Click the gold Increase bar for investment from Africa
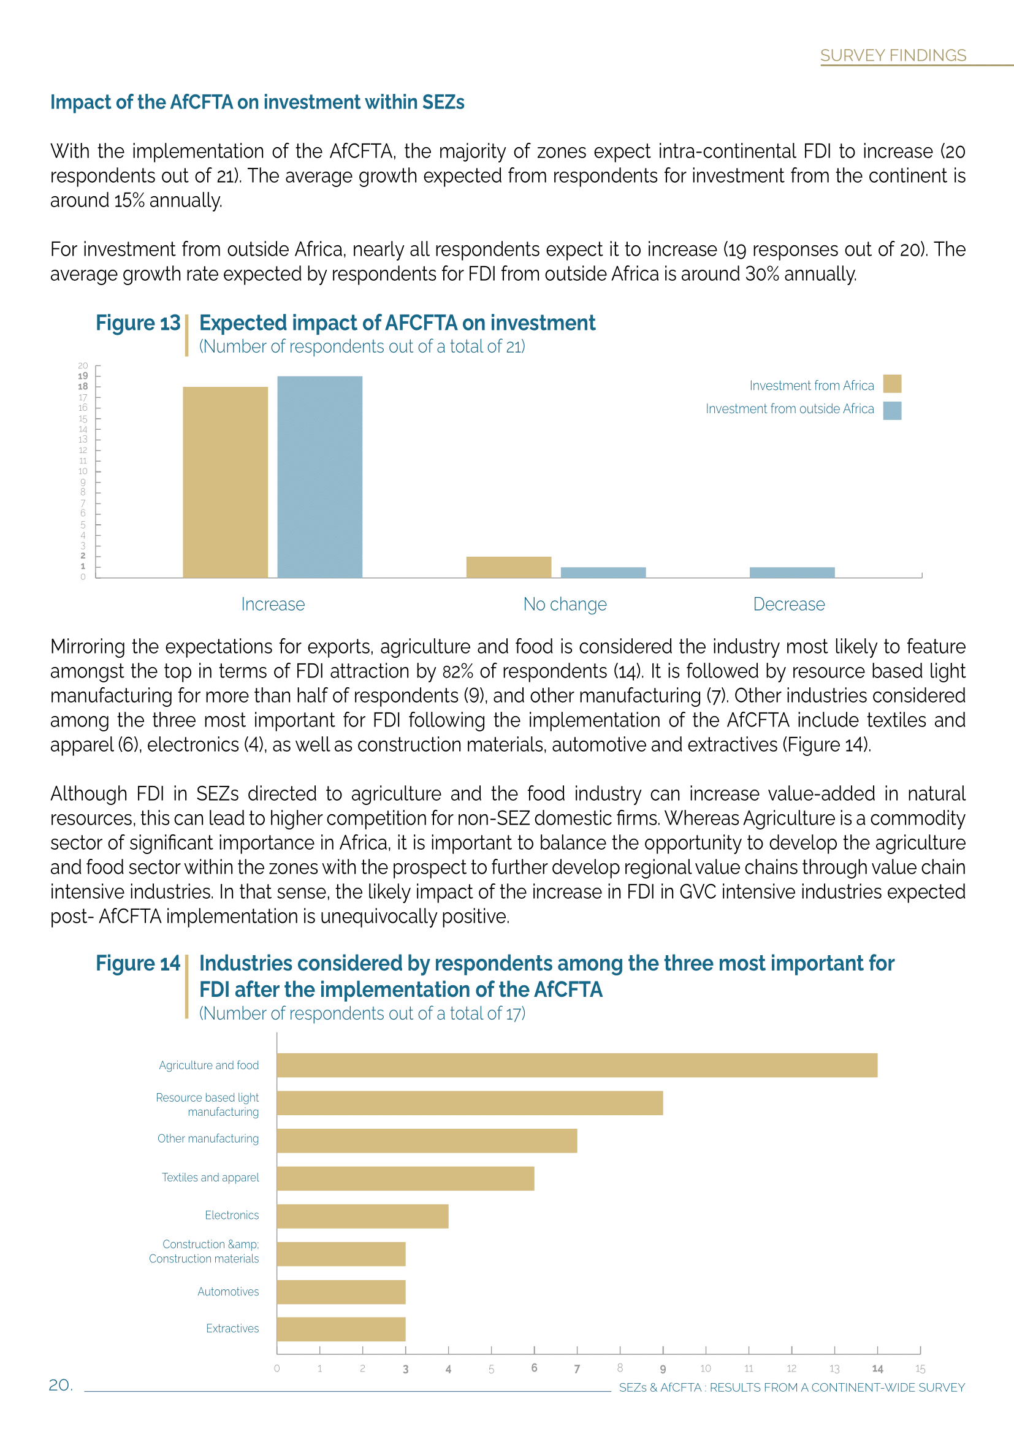[225, 482]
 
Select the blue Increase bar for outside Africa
[319, 476]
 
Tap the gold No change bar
[508, 567]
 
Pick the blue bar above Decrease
[791, 572]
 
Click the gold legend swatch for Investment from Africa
[891, 383]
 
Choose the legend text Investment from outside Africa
[789, 409]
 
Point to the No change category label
[565, 604]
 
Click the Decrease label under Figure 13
[788, 604]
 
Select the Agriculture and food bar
[577, 1065]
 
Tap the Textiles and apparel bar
[405, 1178]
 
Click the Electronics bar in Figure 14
[362, 1216]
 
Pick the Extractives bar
[341, 1329]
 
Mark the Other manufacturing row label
[208, 1138]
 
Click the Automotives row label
[228, 1292]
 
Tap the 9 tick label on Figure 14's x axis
[663, 1369]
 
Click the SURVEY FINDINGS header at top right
[893, 56]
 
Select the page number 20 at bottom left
[60, 1386]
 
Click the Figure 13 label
[138, 323]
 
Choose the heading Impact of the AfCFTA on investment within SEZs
[257, 102]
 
